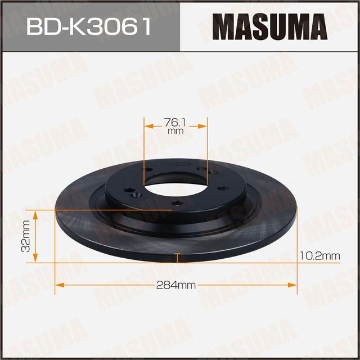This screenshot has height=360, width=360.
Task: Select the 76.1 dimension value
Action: [175, 121]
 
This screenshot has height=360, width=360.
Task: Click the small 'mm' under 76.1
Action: [175, 130]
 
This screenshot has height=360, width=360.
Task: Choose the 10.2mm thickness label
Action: [320, 256]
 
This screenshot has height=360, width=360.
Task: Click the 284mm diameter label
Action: [176, 285]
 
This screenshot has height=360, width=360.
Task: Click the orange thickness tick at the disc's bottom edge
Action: [177, 258]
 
